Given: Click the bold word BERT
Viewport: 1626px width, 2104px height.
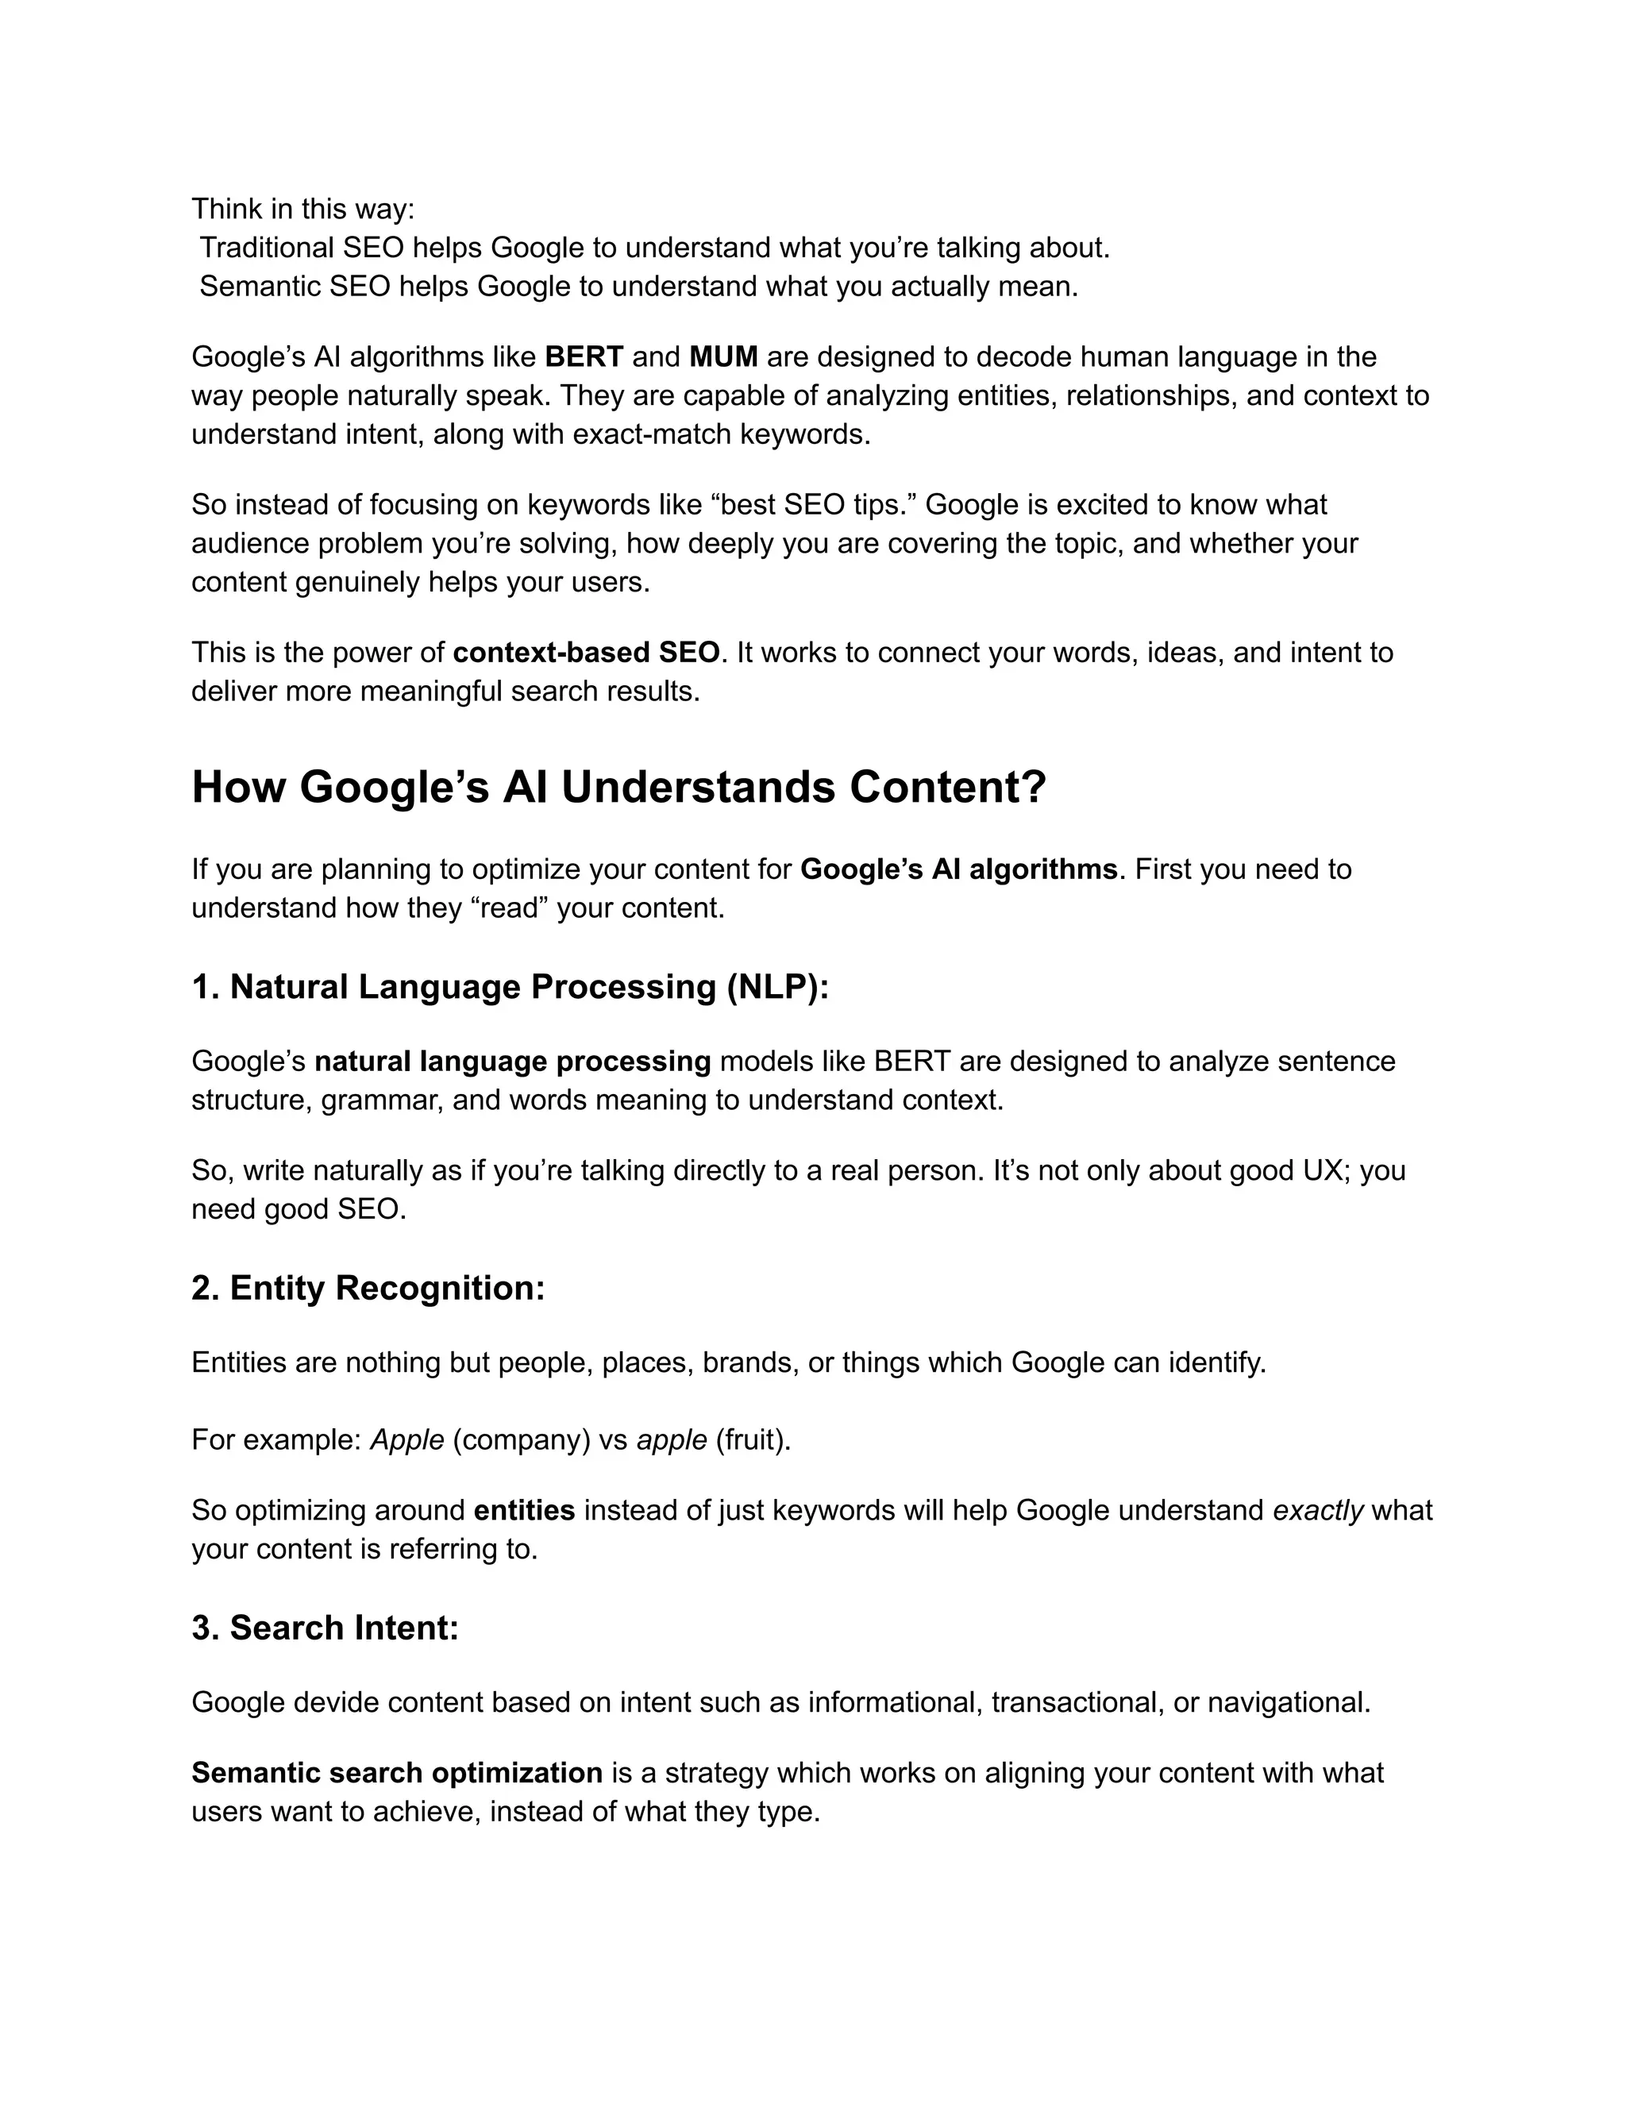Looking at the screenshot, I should pos(584,357).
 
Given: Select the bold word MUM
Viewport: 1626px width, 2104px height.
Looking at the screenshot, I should pos(723,357).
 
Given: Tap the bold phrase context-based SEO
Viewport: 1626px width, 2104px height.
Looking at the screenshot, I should pos(586,653).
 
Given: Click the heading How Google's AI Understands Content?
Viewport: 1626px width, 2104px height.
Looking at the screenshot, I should pos(618,787).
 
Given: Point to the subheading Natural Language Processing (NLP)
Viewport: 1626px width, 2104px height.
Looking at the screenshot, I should pos(529,988).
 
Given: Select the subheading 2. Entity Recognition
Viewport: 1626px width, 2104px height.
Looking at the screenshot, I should pos(368,1289).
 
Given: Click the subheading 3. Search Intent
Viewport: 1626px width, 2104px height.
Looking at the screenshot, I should pos(325,1629).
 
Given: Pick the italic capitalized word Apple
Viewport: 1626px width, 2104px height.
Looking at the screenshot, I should pos(407,1440).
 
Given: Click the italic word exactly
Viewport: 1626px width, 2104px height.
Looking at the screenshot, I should pos(1318,1511).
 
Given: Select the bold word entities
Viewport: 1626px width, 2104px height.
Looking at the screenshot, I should pos(524,1511).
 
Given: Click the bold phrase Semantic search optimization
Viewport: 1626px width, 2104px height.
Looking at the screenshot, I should pos(397,1774).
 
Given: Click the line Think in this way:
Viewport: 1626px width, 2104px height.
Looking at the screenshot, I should pos(302,209).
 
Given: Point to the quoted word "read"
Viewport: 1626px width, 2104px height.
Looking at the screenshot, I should pos(509,908).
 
